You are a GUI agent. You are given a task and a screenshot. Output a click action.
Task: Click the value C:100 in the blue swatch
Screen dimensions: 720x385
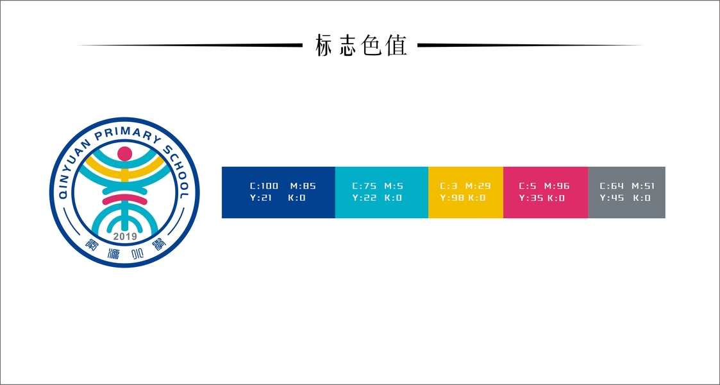click(x=264, y=186)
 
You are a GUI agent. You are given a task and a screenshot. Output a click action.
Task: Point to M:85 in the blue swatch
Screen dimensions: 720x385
click(x=303, y=186)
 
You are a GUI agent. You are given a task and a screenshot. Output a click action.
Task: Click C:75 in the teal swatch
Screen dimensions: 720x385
click(x=364, y=186)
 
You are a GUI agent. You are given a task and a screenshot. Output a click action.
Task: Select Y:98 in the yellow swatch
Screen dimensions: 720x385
click(x=451, y=198)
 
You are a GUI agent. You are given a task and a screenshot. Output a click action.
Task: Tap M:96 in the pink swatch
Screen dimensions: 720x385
click(x=557, y=186)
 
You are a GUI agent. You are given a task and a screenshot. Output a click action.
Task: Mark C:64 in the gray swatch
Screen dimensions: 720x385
click(x=612, y=186)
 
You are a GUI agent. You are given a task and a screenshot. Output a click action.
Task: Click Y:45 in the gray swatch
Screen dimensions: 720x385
click(x=612, y=198)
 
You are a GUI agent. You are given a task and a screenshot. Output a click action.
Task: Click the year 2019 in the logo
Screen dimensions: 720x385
click(x=125, y=237)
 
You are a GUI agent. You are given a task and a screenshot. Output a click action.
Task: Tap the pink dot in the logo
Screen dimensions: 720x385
click(x=125, y=153)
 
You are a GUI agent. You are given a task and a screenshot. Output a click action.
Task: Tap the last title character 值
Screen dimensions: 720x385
click(x=397, y=46)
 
